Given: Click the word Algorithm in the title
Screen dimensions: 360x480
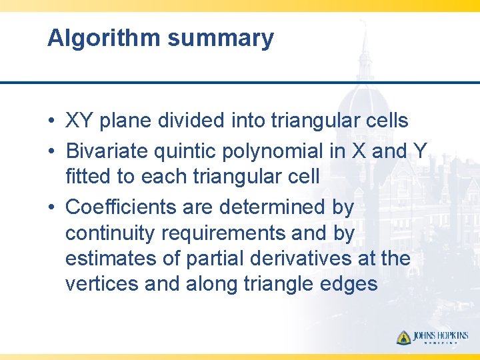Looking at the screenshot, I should [x=104, y=38].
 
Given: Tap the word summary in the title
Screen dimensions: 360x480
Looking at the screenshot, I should [x=220, y=38].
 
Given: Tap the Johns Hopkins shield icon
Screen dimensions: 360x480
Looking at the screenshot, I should [x=403, y=337].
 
